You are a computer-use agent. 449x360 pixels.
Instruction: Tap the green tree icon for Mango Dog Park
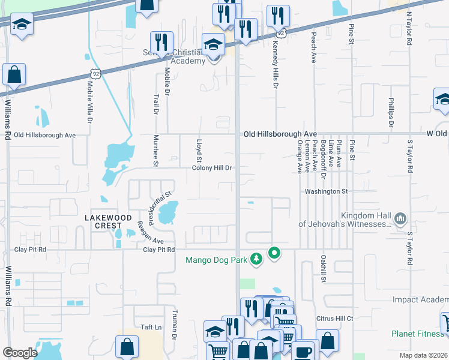(x=256, y=259)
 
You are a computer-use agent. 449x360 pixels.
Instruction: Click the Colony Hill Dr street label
(x=211, y=168)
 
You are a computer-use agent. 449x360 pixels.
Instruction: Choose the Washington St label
(x=326, y=191)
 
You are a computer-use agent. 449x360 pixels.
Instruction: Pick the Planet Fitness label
(x=418, y=334)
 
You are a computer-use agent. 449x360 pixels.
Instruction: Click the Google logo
(x=20, y=353)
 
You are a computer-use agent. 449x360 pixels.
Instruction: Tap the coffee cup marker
(x=305, y=350)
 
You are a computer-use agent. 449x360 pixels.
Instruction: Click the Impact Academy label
(x=420, y=299)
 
